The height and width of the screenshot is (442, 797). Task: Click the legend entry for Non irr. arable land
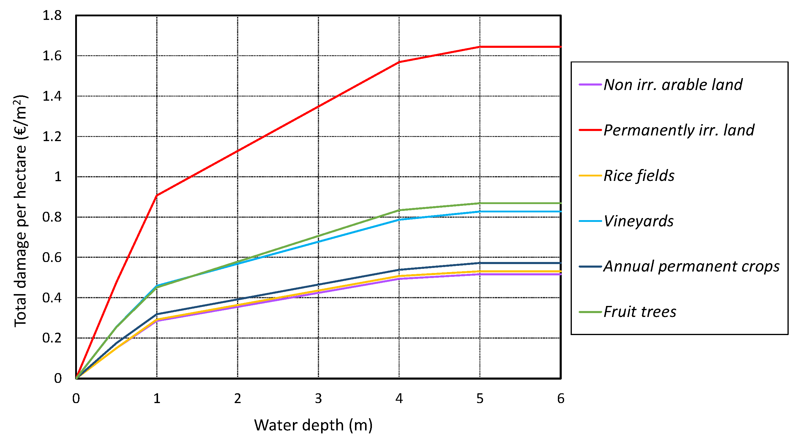point(673,85)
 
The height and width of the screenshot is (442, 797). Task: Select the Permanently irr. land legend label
point(679,130)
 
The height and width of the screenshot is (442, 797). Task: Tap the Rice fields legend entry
point(639,176)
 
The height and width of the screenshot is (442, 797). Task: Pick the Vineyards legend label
point(638,221)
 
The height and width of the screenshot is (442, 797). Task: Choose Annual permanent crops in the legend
point(691,266)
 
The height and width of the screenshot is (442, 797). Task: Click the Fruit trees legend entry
point(640,312)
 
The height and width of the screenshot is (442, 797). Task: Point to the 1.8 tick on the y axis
point(52,15)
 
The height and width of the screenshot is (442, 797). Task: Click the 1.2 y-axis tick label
point(52,137)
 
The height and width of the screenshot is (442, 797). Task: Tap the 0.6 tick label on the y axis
point(52,258)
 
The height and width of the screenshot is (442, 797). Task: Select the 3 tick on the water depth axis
point(318,399)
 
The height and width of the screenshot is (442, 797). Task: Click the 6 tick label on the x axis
point(561,399)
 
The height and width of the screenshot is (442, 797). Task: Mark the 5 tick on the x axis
point(480,399)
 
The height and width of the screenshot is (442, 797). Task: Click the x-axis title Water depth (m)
point(313,425)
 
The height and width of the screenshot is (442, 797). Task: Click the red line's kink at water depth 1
point(157,195)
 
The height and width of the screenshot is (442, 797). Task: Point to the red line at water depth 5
point(480,47)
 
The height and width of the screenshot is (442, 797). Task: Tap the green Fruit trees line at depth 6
point(560,203)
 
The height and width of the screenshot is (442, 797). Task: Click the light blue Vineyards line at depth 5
point(480,211)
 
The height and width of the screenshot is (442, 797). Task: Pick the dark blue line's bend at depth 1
point(157,314)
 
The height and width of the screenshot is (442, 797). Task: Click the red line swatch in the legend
point(590,130)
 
